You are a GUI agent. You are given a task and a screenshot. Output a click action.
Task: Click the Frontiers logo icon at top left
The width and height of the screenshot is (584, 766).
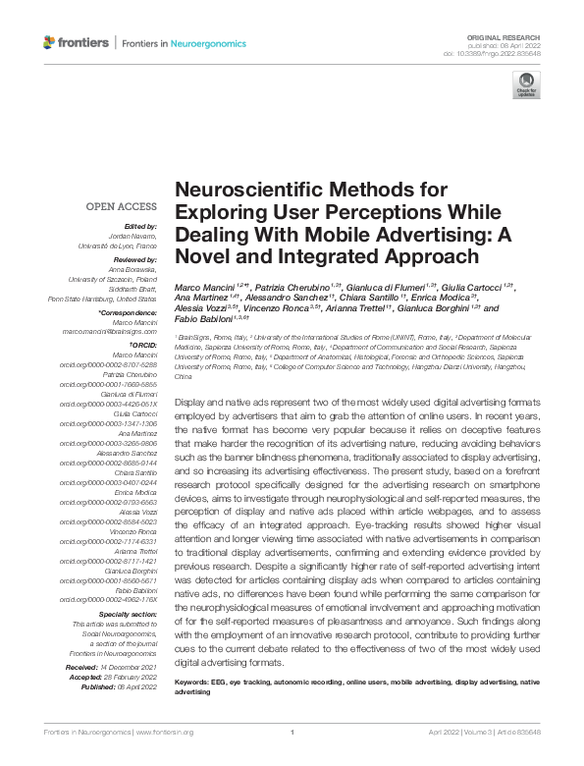[51, 42]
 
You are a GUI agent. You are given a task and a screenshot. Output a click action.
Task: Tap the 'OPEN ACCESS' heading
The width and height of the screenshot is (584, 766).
[121, 206]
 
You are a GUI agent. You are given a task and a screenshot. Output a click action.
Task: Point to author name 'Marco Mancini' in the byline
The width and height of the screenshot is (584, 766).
[202, 287]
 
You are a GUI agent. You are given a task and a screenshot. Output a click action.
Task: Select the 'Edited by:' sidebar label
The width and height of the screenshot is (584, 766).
[137, 226]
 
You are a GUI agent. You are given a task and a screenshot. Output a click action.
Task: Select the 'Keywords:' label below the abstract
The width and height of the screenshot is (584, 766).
[193, 682]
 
